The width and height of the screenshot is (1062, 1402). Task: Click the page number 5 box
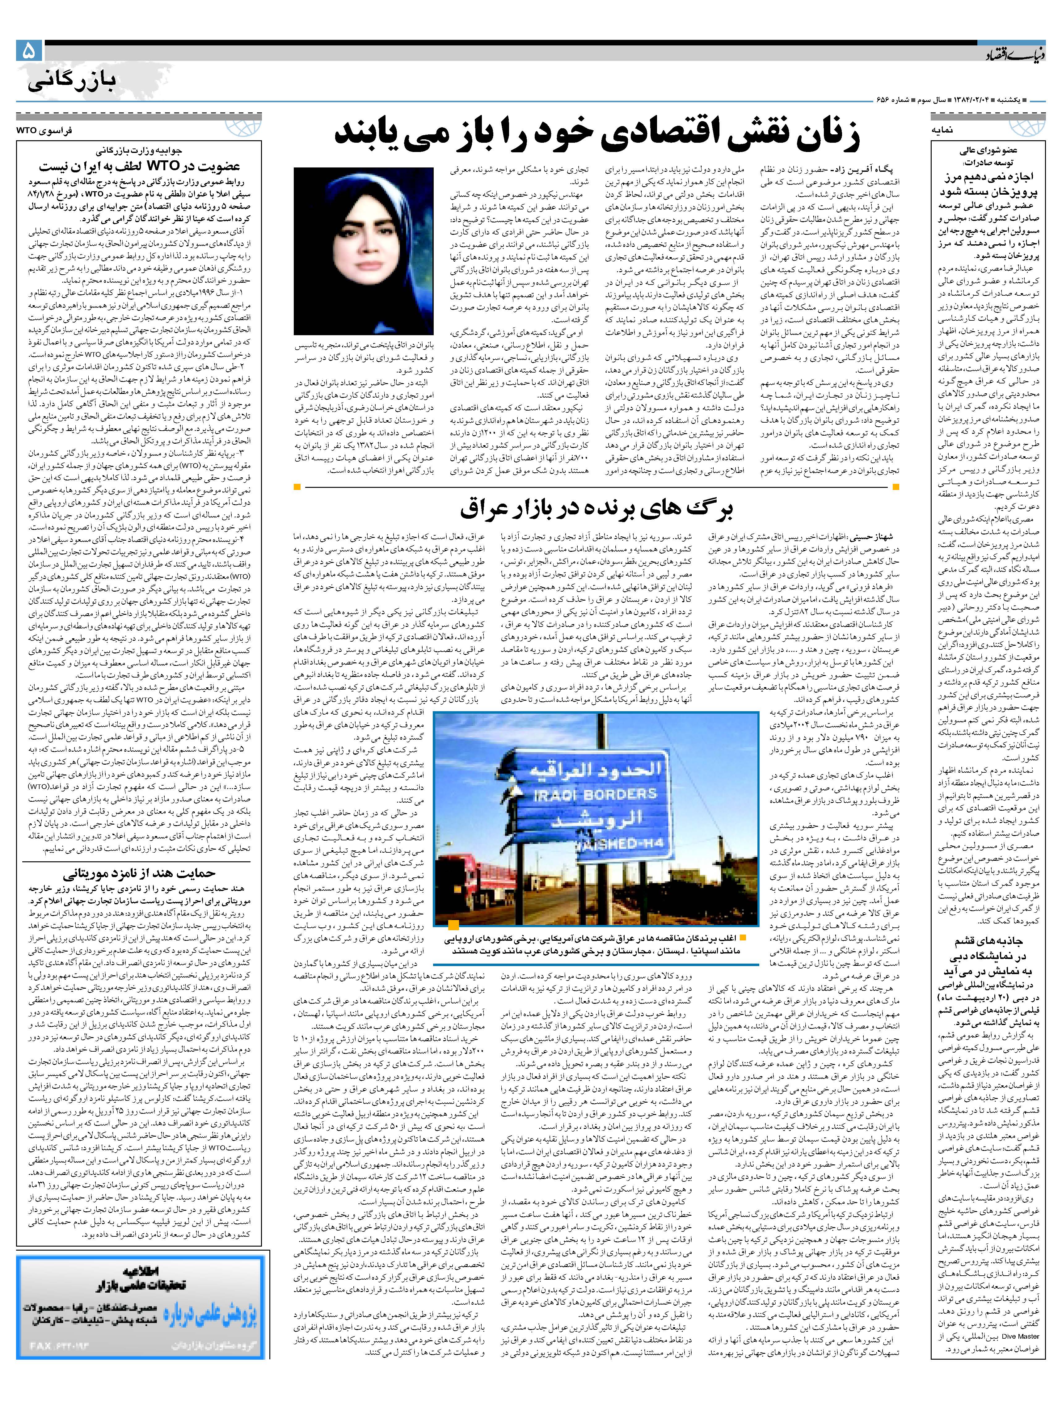pos(29,51)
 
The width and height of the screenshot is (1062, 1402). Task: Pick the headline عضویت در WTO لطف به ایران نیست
pos(139,166)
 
